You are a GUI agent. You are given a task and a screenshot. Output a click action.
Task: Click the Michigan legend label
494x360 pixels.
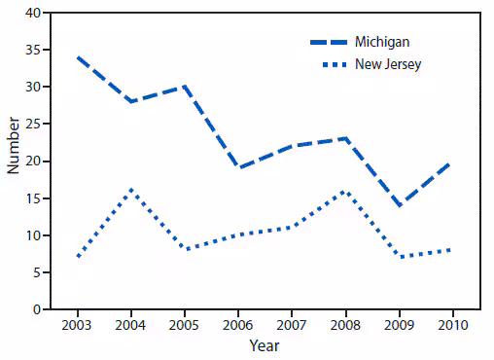coord(382,42)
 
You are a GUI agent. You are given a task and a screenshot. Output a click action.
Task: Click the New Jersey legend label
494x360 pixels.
coord(388,64)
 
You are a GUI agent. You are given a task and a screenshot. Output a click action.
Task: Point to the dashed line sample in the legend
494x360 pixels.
coord(330,42)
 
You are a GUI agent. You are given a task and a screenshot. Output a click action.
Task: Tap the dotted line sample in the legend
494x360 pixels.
coord(330,64)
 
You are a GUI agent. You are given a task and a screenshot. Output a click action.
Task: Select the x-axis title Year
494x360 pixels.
coord(265,344)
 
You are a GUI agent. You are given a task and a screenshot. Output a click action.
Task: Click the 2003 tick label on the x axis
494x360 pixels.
coord(77,324)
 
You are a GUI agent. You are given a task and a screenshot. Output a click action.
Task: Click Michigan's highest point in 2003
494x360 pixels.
coord(77,57)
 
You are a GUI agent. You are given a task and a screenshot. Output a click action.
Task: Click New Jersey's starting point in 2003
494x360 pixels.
coord(77,257)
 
